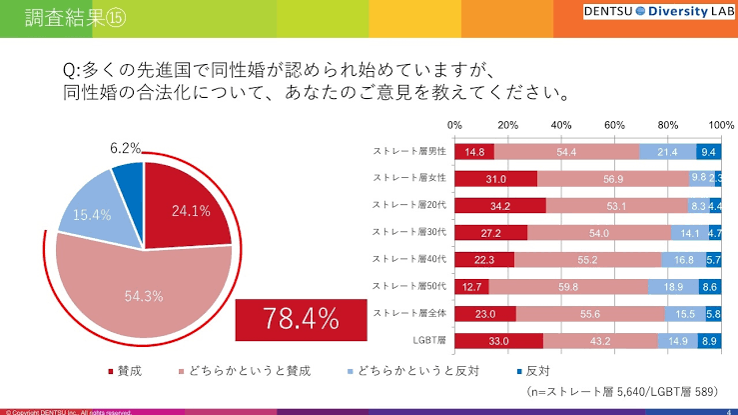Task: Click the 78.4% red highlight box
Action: pyautogui.click(x=301, y=319)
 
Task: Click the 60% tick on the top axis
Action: pyautogui.click(x=614, y=126)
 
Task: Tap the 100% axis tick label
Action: pyautogui.click(x=720, y=126)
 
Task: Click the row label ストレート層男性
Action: pyautogui.click(x=408, y=152)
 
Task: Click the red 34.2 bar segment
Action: pyautogui.click(x=499, y=206)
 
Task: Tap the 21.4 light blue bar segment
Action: pyautogui.click(x=668, y=152)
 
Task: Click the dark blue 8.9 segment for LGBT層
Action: pyautogui.click(x=710, y=341)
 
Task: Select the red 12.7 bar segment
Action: pyautogui.click(x=471, y=287)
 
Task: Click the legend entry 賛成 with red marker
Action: pyautogui.click(x=126, y=371)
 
